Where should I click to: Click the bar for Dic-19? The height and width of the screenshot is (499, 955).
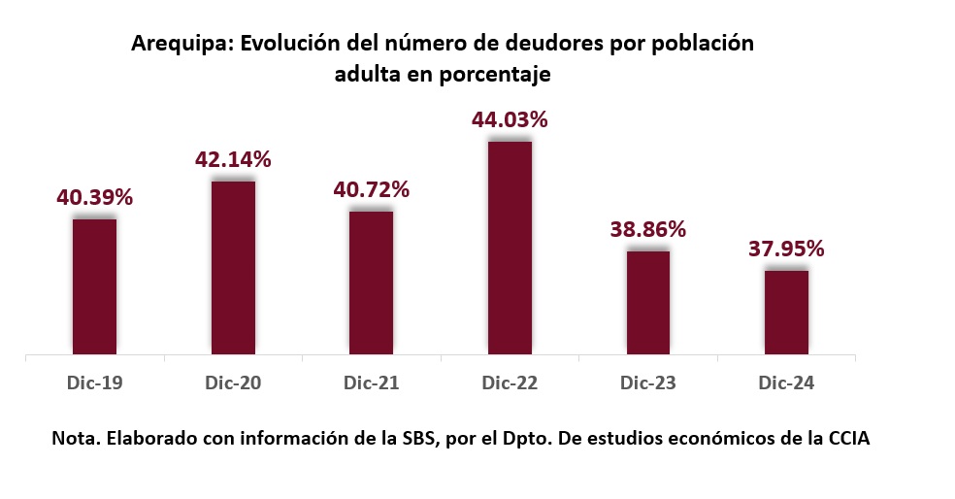pos(94,286)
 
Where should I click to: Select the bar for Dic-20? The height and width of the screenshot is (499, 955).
pos(233,268)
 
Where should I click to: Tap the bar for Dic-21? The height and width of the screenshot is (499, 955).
pos(371,283)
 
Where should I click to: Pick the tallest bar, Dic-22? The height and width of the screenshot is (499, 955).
pos(510,248)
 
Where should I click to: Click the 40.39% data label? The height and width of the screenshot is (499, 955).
pos(94,197)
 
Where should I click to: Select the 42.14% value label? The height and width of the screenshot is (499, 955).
pos(233,159)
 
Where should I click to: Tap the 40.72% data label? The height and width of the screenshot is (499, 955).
pos(371,189)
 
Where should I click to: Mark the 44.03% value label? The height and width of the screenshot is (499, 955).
pos(510,120)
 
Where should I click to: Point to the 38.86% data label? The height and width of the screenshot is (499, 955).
pos(647,229)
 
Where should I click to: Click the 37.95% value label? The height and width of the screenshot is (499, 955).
pos(786,249)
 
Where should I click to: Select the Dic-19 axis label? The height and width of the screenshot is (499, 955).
pos(94,383)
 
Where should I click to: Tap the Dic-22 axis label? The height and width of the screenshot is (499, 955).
pos(510,383)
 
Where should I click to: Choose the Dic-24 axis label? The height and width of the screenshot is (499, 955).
pos(786,383)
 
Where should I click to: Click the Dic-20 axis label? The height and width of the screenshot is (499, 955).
pos(233,383)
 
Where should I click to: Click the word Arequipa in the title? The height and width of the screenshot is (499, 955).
pos(181,45)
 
